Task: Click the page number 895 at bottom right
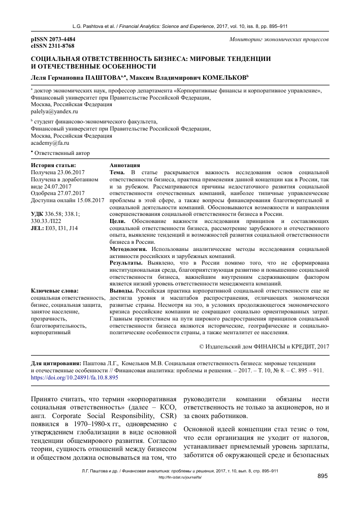point(323,476)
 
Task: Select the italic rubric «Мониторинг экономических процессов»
point(279,40)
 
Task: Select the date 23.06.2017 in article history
point(71,173)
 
